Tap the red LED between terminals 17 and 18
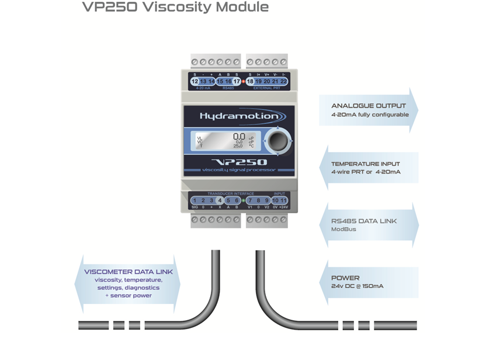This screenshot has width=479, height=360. click(x=243, y=82)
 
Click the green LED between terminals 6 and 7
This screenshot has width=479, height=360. click(x=242, y=200)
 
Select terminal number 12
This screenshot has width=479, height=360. click(x=195, y=82)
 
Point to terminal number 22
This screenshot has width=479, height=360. click(x=284, y=82)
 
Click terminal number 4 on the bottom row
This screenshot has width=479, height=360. click(x=220, y=200)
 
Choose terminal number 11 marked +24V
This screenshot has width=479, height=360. click(x=283, y=200)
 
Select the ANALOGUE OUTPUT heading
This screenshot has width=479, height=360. click(x=368, y=106)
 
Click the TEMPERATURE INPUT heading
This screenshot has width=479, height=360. click(x=366, y=164)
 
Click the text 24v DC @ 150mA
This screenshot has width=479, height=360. click(x=357, y=286)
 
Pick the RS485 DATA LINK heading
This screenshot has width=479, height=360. click(x=364, y=221)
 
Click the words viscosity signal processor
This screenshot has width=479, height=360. click(x=239, y=169)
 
